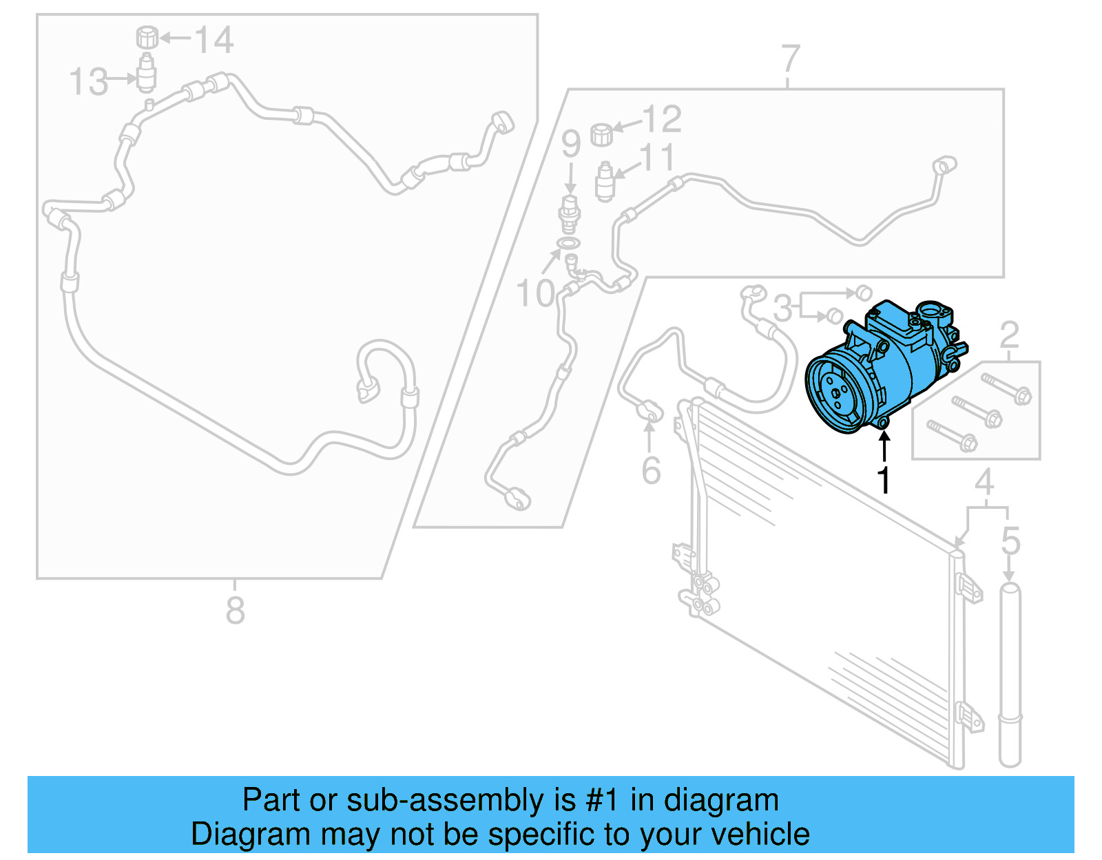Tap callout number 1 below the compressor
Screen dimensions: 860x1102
click(884, 480)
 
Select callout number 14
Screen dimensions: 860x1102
click(214, 40)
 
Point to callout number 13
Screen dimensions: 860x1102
click(89, 82)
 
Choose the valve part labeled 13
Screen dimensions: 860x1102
click(147, 74)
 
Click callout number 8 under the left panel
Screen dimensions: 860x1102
click(235, 610)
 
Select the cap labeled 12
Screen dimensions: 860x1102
click(602, 134)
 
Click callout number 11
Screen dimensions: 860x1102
click(657, 158)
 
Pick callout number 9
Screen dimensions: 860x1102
click(570, 144)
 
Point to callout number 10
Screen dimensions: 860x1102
click(535, 293)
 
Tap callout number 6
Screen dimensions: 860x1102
click(651, 470)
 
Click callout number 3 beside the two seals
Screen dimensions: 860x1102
click(782, 308)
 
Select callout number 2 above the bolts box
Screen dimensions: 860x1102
click(1009, 335)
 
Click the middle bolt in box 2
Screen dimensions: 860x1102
click(977, 410)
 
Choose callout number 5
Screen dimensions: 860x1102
click(1010, 541)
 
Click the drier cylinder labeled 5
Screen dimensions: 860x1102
click(1010, 675)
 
